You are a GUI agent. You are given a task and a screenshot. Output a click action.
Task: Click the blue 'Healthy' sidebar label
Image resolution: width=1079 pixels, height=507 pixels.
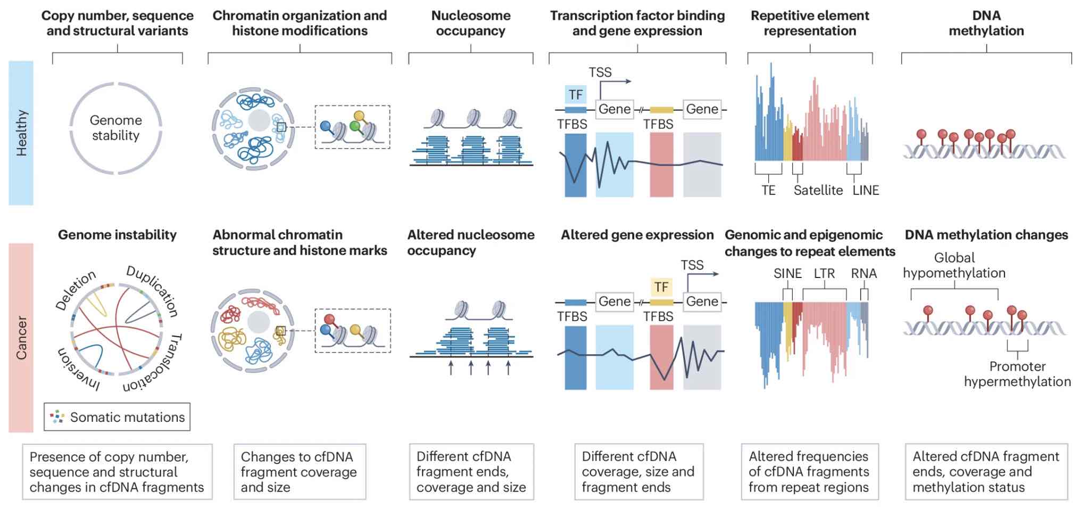[21, 133]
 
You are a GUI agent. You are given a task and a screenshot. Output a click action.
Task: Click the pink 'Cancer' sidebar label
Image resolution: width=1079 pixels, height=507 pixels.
[21, 338]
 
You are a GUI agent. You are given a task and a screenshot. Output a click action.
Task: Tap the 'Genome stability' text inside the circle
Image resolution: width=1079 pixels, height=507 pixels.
[115, 128]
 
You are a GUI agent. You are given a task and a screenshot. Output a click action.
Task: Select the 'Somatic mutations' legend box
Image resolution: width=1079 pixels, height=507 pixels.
[117, 417]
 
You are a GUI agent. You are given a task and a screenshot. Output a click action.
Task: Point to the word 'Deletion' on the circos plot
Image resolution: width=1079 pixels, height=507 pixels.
[76, 290]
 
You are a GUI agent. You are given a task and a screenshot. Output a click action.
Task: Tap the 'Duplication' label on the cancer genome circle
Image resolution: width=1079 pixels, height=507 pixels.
[152, 290]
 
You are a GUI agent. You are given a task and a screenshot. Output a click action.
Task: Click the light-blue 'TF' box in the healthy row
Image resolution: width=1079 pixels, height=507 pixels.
[576, 95]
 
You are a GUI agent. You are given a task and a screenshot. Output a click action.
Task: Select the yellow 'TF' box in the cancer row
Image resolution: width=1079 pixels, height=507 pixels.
[661, 287]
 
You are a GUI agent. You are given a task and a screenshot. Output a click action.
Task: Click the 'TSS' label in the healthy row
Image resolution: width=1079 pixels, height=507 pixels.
[600, 72]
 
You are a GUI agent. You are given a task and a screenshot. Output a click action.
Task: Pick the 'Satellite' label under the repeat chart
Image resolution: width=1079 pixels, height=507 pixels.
[818, 190]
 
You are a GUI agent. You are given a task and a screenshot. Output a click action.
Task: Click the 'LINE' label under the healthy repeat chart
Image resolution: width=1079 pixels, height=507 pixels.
[866, 190]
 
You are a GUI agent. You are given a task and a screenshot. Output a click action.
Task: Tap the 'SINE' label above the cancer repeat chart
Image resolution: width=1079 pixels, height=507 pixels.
[787, 273]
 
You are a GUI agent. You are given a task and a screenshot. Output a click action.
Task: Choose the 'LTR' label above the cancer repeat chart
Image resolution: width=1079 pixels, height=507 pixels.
[824, 273]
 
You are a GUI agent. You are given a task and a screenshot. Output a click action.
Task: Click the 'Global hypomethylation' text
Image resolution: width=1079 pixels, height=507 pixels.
[954, 265]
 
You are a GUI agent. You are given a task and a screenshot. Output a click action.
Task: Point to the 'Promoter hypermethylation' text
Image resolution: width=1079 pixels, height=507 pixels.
[1017, 374]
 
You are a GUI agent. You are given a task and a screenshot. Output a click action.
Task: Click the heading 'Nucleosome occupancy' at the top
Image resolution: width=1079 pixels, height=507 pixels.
[470, 23]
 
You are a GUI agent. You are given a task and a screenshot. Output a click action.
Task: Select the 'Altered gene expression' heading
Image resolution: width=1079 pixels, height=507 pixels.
[637, 235]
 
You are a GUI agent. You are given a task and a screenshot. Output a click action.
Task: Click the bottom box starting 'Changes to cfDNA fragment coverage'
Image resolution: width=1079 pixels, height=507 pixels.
[300, 472]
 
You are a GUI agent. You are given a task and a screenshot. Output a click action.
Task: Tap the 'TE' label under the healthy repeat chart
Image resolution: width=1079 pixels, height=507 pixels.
[768, 190]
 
